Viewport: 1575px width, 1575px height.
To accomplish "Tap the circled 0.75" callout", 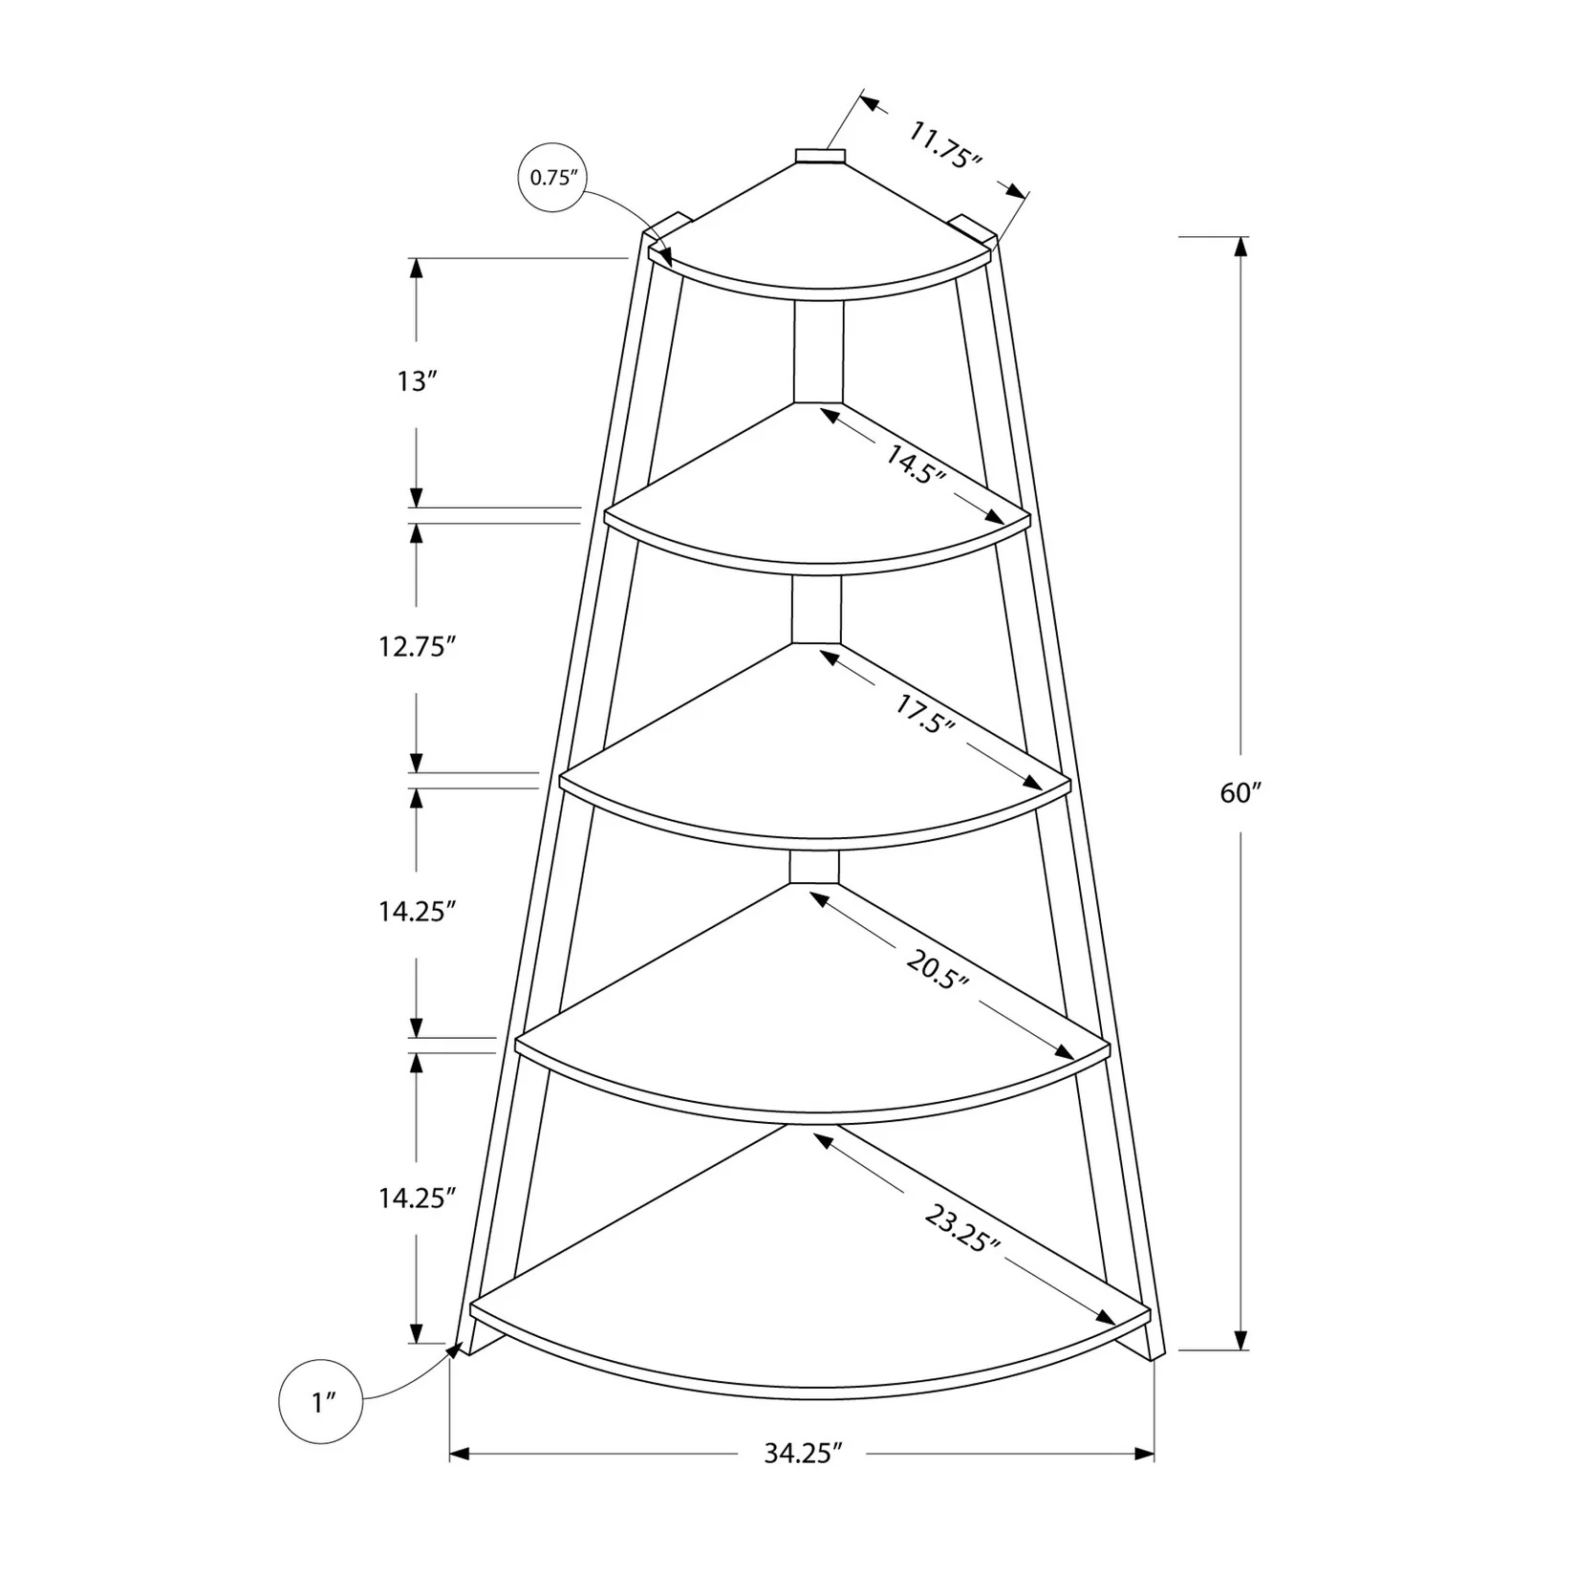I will [x=551, y=178].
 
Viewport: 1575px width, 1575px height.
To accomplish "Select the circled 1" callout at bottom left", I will [x=321, y=1401].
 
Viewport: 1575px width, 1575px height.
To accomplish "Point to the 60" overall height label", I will [x=1241, y=792].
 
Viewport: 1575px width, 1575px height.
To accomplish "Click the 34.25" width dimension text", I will [x=803, y=1480].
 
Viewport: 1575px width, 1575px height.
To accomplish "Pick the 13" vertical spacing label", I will [x=417, y=382].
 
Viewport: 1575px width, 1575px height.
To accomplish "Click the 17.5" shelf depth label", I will [x=925, y=712].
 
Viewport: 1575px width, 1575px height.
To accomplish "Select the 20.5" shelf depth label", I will [x=938, y=969].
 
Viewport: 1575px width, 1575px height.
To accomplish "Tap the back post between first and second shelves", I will [x=818, y=352].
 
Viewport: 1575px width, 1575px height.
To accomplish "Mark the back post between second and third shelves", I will [x=816, y=609].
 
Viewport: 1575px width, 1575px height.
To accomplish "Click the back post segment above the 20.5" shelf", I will [x=814, y=867].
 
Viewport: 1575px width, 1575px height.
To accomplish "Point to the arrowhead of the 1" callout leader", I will [x=455, y=1348].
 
